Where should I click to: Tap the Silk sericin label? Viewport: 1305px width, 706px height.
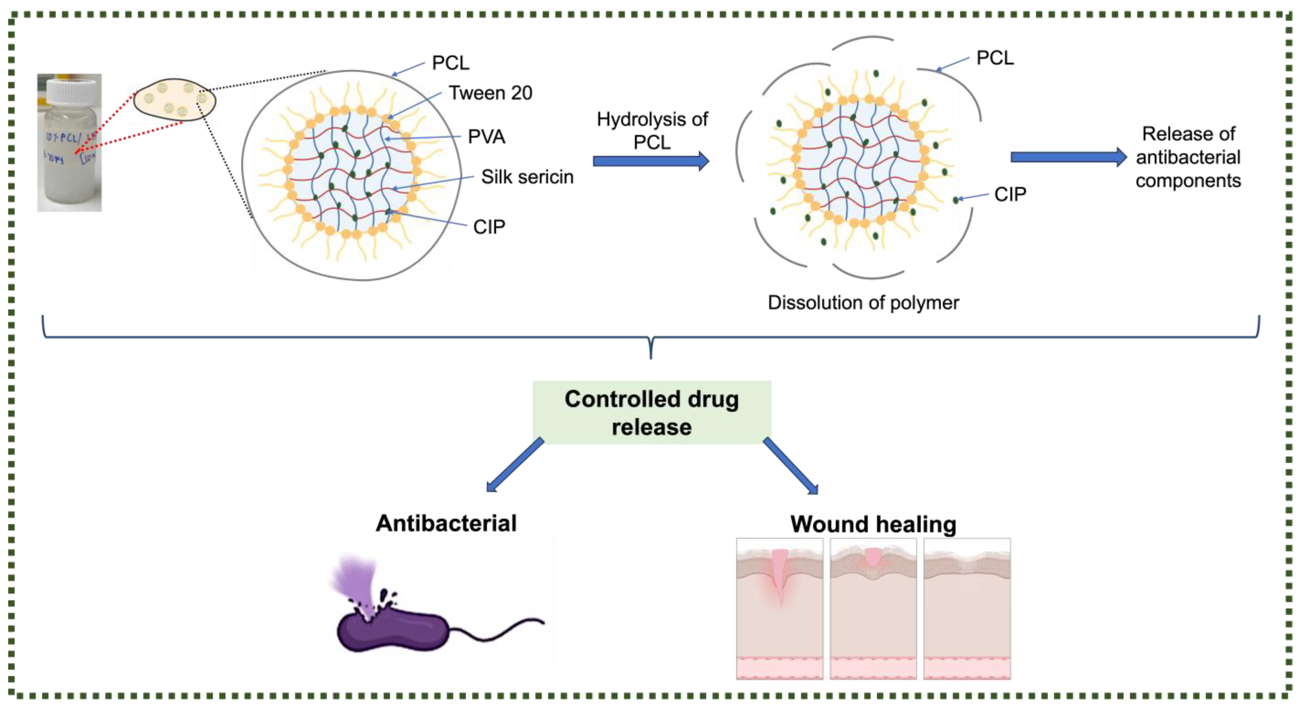[527, 177]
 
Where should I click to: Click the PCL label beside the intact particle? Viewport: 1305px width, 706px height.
[450, 63]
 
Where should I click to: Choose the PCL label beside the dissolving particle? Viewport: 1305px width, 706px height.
[995, 58]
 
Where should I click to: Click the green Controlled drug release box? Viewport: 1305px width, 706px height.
[651, 413]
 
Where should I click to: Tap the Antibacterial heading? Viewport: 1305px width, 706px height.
[446, 523]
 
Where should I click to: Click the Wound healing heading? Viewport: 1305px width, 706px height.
[873, 524]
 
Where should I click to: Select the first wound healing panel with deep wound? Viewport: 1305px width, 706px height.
[779, 608]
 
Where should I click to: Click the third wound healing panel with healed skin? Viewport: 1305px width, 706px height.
[966, 608]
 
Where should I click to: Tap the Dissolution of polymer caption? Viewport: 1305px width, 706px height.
[863, 303]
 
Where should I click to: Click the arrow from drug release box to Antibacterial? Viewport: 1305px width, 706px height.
[514, 465]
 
